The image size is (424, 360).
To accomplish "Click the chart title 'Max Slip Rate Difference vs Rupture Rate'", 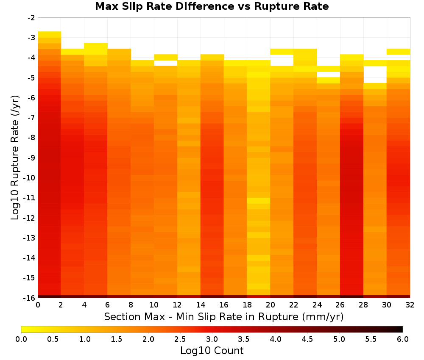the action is coord(212,6).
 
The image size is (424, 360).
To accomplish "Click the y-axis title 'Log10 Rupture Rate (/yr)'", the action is coord(15,158).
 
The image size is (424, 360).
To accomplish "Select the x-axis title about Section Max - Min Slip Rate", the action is coord(223,316).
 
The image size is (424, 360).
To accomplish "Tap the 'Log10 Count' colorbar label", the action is coord(212,351).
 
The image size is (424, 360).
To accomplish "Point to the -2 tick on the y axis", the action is coord(31,18).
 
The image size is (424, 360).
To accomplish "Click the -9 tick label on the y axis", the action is coord(31,158).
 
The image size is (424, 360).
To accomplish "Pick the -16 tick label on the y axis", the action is coord(30,298).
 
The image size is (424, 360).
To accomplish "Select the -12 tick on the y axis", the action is coord(30,218).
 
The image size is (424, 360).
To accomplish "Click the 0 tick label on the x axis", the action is coord(38,305).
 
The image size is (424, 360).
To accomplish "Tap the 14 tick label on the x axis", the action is coord(201,305).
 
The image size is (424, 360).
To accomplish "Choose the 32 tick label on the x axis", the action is coord(410,305).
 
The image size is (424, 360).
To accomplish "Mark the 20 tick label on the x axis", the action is coord(271,305).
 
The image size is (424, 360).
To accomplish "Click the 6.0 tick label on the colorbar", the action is coord(403,339).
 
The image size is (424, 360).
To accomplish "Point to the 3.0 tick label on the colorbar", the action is coord(212,339).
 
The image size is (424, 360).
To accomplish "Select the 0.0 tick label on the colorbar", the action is coord(21,339).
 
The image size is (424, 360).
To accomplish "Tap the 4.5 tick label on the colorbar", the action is coord(307,339).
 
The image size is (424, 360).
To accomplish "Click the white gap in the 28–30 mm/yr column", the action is coord(375,75).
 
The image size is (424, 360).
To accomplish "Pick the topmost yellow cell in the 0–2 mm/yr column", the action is coord(50,34).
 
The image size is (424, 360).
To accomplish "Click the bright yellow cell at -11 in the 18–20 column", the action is coord(259,201).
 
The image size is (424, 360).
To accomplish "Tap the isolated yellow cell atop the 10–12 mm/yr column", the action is coord(166,57).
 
